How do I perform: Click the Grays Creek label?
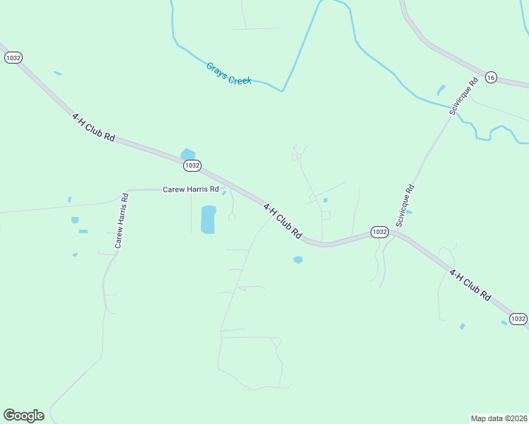229,74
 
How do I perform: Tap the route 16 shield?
492,76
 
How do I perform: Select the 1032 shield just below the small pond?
192,165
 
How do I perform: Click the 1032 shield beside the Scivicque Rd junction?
379,232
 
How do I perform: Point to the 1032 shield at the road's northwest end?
13,57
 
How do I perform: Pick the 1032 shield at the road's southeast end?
518,319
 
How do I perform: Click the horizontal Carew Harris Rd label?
191,189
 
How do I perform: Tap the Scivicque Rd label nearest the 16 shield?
464,96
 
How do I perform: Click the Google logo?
23,416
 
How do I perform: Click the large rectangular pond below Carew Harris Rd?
208,219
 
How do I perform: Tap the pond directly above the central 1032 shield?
188,153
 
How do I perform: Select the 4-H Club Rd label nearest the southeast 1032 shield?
470,285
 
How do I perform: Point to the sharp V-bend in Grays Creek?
283,91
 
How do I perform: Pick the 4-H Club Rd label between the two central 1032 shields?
283,220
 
